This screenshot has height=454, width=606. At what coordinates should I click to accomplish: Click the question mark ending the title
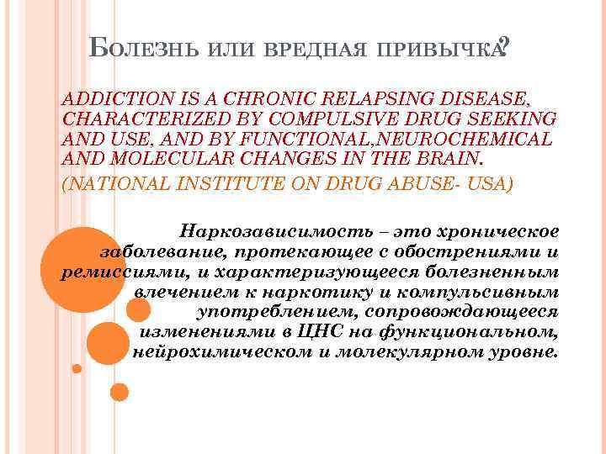502,46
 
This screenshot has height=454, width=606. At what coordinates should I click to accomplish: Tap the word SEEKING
513,119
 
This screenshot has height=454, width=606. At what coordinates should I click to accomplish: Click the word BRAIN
426,158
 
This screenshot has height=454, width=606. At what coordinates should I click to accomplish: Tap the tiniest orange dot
77,368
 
